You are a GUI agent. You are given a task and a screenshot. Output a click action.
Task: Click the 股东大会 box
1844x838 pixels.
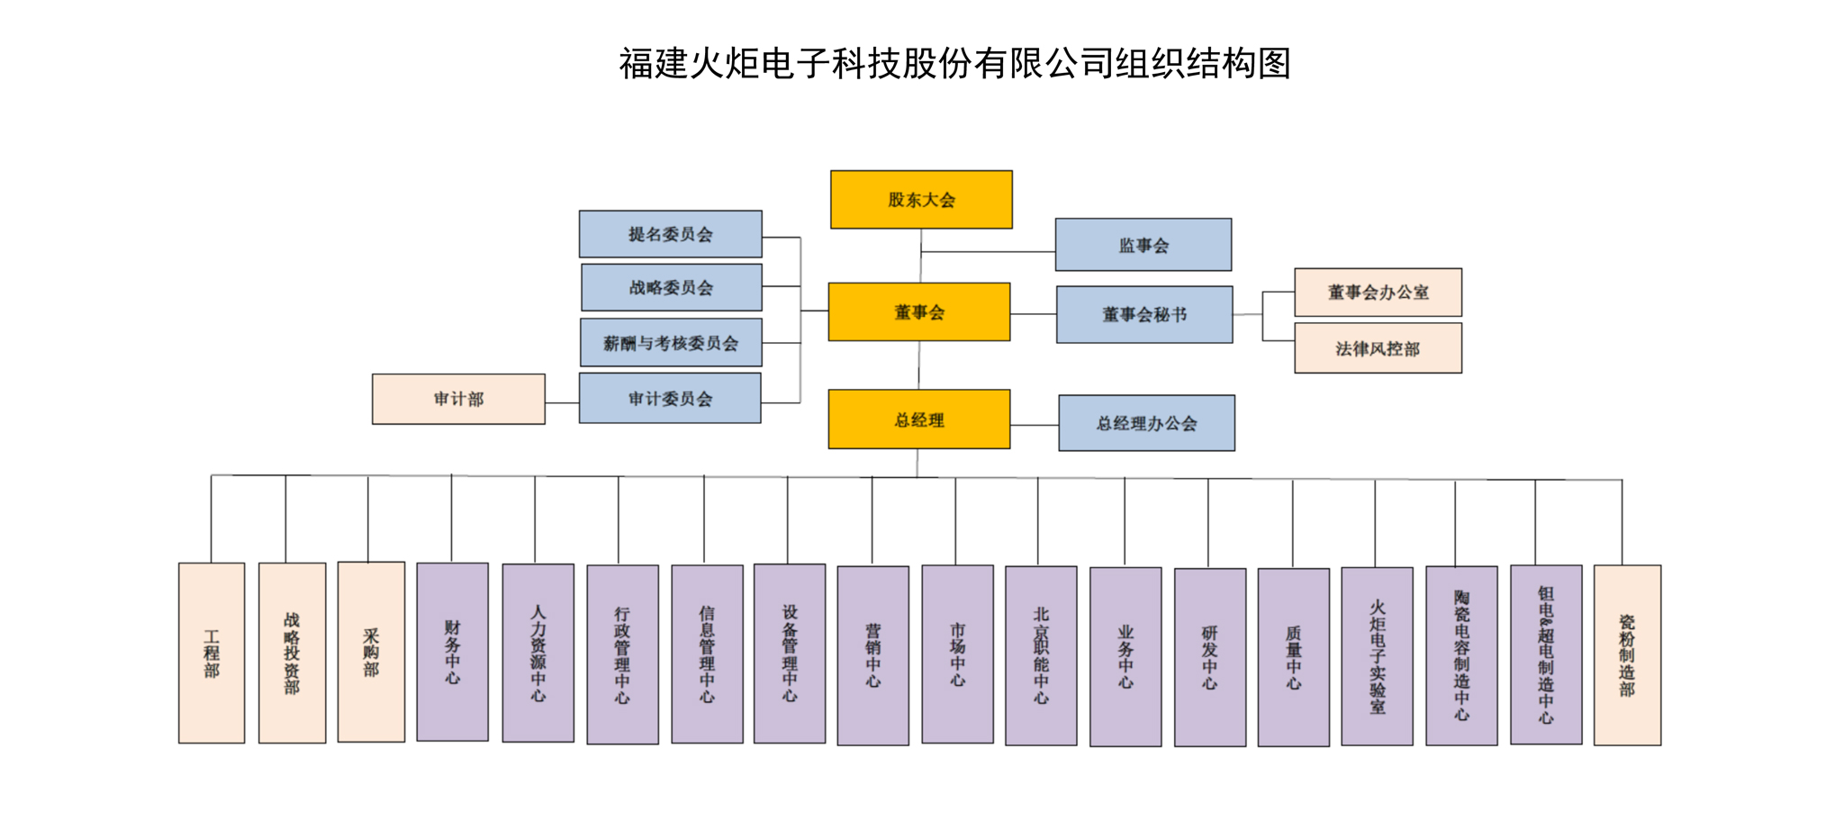point(921,200)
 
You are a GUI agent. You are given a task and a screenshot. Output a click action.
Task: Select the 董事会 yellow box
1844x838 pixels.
point(919,312)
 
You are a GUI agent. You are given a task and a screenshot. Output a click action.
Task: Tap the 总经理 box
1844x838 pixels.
point(919,419)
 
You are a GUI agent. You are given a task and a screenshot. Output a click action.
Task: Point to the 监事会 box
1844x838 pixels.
point(1143,245)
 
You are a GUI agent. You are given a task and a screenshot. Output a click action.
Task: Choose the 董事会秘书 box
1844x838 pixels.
point(1144,314)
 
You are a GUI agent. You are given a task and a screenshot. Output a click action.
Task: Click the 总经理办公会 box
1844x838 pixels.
point(1146,423)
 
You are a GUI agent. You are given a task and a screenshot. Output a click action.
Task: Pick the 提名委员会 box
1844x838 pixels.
point(671,234)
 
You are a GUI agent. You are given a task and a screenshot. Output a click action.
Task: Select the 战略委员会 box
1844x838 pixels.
point(672,287)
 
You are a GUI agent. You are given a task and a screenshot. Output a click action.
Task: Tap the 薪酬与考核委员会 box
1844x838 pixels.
point(671,343)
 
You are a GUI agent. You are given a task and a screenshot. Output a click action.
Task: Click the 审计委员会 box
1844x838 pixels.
point(670,399)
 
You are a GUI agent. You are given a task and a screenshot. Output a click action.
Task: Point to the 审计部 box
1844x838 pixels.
point(458,399)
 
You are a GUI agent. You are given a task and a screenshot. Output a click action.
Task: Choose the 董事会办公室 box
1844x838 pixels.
point(1378,293)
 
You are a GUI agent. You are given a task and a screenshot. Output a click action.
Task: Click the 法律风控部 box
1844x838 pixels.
point(1378,348)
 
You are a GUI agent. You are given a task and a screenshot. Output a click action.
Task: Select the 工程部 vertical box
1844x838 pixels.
point(212,653)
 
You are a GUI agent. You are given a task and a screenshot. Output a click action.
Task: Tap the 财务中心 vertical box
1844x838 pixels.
point(453,653)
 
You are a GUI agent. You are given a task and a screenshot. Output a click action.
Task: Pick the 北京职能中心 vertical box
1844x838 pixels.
point(1041,655)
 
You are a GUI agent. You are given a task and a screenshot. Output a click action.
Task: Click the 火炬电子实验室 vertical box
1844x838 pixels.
point(1377,656)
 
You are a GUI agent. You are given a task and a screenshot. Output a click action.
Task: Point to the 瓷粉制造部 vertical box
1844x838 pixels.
point(1627,655)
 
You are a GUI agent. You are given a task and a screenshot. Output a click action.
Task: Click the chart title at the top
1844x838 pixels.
point(954,64)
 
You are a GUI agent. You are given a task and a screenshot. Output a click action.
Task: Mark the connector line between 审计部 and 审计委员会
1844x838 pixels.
point(562,402)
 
